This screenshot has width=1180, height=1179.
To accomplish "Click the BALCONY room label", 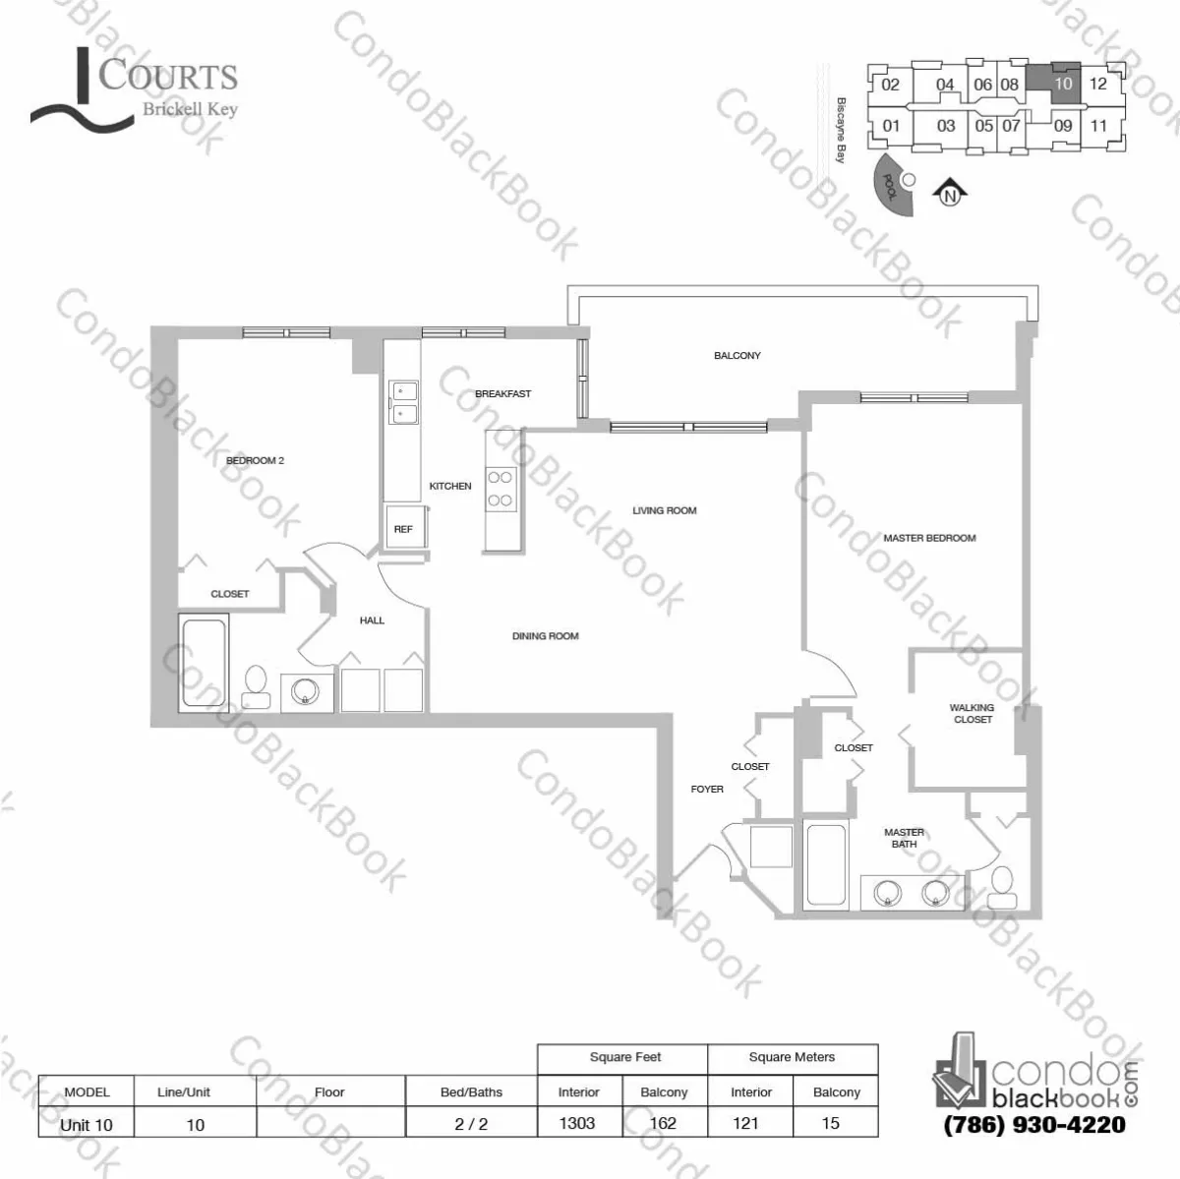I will (x=737, y=356).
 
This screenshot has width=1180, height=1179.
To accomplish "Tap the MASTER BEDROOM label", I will (x=929, y=538).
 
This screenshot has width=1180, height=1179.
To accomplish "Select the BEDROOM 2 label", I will (x=255, y=460).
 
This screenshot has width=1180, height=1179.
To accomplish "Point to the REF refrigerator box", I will (x=403, y=529).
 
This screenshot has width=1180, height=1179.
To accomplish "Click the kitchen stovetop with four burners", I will (x=501, y=489).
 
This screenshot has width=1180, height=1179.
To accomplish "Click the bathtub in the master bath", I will (x=826, y=865).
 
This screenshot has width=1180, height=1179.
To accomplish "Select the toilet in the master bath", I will (x=1003, y=887).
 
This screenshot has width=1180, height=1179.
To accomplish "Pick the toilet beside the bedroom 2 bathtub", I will (x=257, y=685).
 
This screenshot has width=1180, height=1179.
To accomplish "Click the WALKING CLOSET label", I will (x=973, y=713).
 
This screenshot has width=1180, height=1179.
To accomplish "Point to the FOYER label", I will (x=707, y=789).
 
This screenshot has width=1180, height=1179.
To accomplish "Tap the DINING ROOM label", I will (x=545, y=636).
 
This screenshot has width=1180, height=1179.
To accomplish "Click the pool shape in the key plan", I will (x=893, y=187).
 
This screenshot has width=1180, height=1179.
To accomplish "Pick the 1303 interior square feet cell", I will (x=577, y=1123).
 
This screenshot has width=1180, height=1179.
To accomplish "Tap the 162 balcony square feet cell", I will (x=664, y=1123).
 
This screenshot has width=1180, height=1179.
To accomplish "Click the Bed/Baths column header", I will (x=471, y=1091).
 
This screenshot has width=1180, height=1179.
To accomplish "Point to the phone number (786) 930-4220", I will (x=1034, y=1125).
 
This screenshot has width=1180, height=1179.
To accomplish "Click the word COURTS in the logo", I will (x=168, y=77).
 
